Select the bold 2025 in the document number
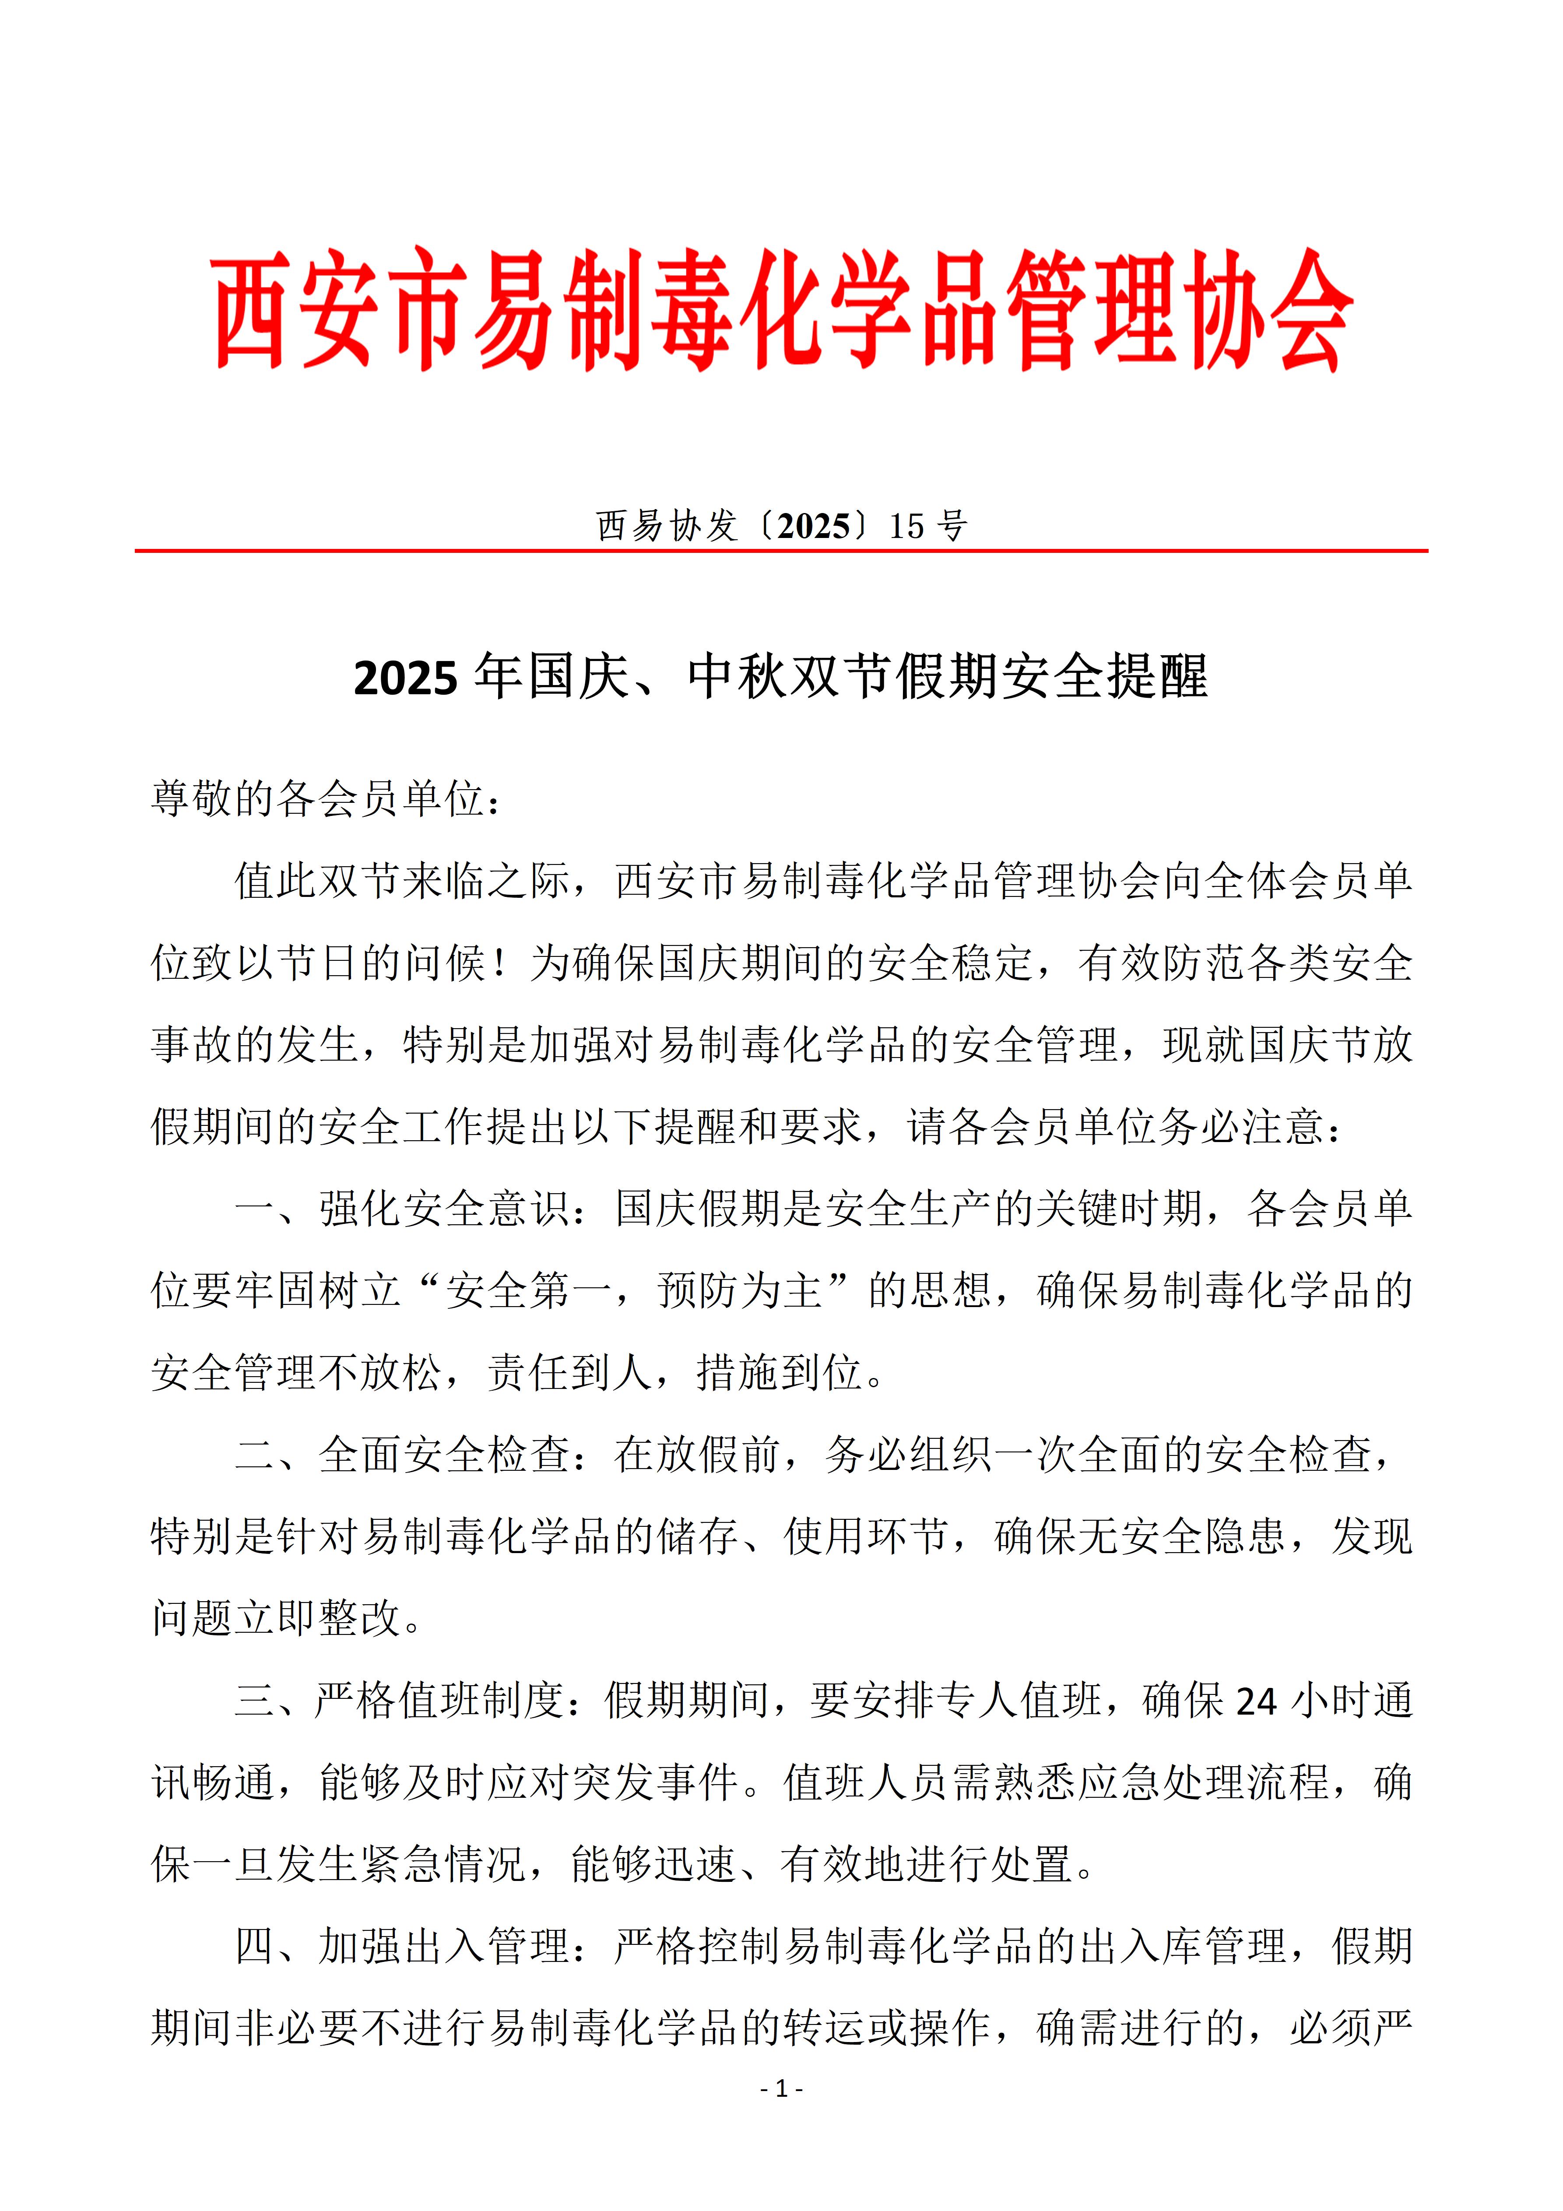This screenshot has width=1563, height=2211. pos(814,526)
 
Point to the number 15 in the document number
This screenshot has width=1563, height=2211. pos(906,526)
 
